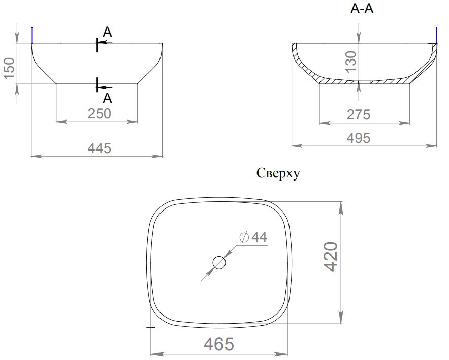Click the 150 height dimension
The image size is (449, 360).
(x=10, y=68)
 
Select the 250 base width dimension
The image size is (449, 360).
(x=100, y=114)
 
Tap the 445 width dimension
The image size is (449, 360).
(x=100, y=148)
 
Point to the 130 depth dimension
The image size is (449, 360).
(x=351, y=62)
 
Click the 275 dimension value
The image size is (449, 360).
(x=359, y=115)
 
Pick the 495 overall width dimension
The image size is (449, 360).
(x=359, y=138)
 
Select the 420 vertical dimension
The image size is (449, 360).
(x=331, y=256)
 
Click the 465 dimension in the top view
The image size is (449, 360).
(x=219, y=344)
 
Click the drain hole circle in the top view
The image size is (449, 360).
(x=219, y=263)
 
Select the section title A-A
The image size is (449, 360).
(x=362, y=9)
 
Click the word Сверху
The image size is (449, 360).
(x=278, y=173)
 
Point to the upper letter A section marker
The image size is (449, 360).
(x=107, y=32)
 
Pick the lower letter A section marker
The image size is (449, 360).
(x=107, y=98)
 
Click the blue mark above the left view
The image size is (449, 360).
(x=32, y=35)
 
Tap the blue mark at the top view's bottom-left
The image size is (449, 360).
(x=151, y=327)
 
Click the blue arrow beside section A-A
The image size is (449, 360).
(x=436, y=35)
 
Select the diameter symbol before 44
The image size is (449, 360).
(x=244, y=237)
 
